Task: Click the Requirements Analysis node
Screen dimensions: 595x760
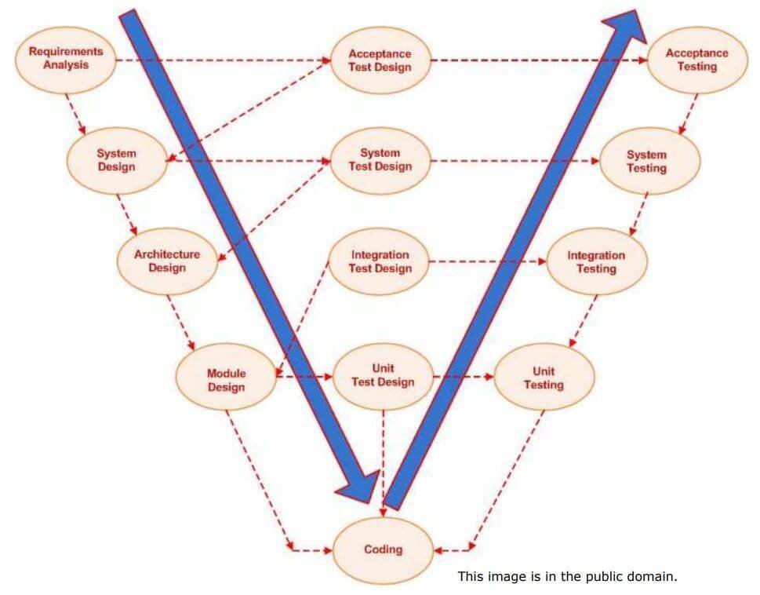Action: tap(66, 58)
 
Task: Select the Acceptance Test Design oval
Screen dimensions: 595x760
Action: tap(380, 60)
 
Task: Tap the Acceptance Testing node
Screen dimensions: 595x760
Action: tap(696, 60)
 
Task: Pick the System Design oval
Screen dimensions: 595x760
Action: tap(116, 160)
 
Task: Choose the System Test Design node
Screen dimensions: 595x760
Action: tap(380, 160)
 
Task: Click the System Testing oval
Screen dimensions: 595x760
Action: tap(646, 161)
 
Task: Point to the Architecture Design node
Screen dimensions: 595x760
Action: tap(167, 261)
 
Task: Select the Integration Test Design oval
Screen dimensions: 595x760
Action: tap(380, 261)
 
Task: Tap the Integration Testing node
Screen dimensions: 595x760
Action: tap(596, 261)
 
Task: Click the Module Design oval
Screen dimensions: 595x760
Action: tap(226, 380)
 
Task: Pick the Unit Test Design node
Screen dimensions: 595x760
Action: tap(383, 375)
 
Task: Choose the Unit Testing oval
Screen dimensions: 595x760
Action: tap(543, 378)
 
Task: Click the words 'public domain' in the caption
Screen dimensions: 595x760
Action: tap(636, 576)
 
